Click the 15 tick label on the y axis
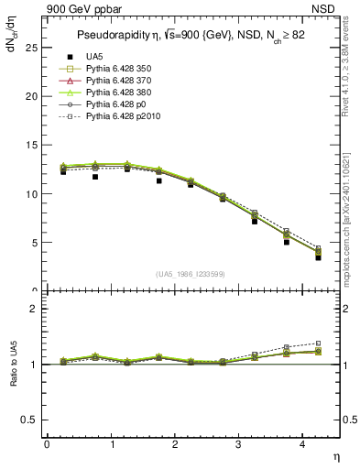(32, 145)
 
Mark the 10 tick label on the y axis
(32, 194)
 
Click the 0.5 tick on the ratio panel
(29, 420)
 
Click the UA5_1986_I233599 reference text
(192, 274)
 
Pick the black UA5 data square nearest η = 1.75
(158, 180)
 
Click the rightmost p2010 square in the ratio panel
(318, 343)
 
